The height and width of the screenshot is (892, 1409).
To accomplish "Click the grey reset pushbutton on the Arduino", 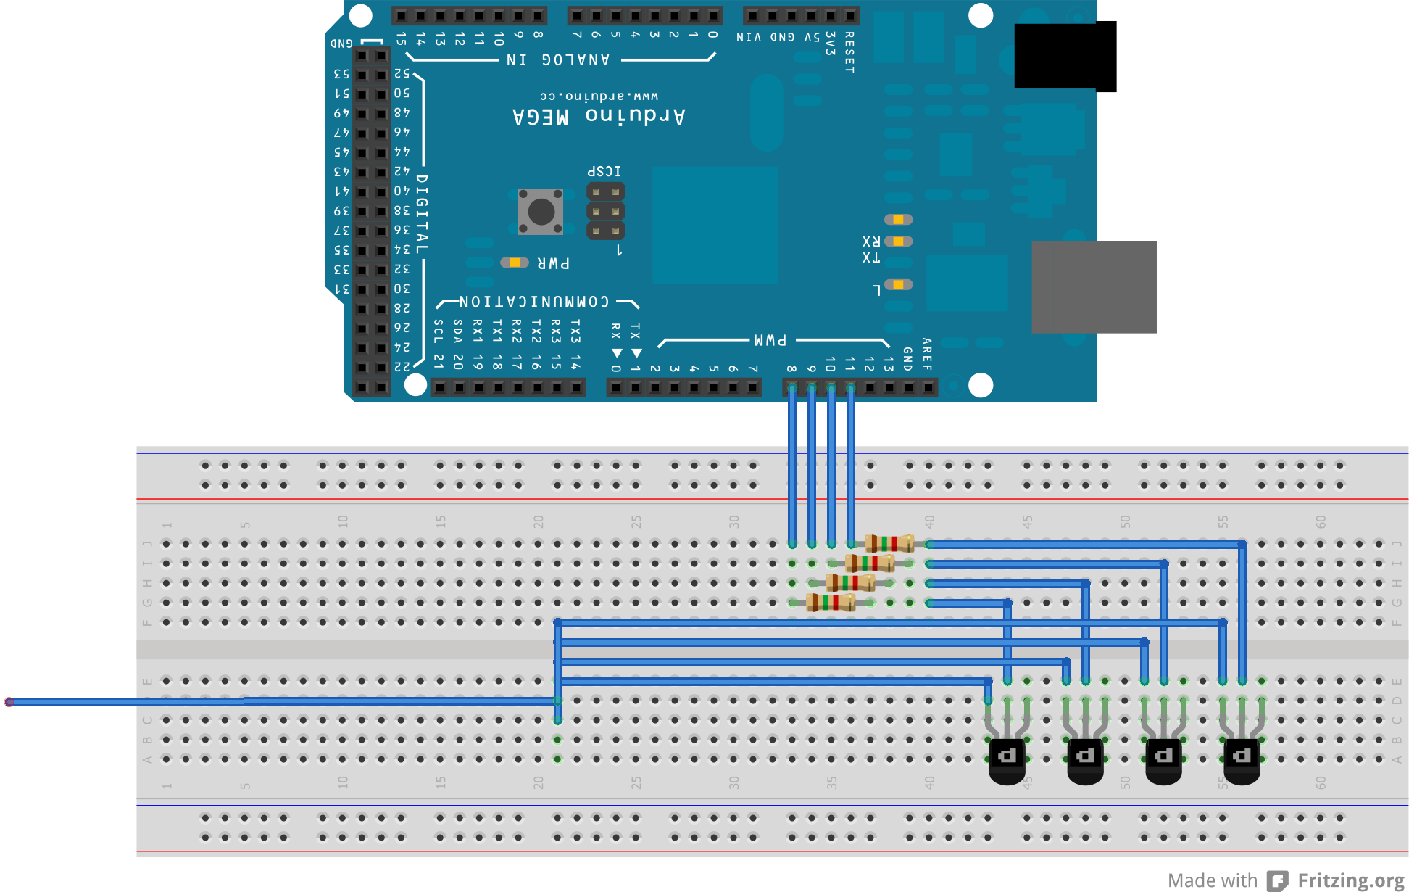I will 541,212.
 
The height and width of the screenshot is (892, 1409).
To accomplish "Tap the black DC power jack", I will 1065,56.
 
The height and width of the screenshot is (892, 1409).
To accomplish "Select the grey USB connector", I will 1094,287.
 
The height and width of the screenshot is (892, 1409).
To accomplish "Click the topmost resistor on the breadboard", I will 889,543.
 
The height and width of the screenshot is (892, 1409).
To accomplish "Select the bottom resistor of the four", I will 831,602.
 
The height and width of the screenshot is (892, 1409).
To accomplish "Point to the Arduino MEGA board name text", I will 599,116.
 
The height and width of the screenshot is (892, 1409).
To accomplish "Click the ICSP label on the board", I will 604,171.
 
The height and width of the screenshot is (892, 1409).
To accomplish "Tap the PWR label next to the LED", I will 553,263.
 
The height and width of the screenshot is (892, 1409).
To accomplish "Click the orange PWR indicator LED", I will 515,263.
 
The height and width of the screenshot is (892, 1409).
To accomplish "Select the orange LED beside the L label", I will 898,284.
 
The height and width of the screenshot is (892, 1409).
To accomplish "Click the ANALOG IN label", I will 558,59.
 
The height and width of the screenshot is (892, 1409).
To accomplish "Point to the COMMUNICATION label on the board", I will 534,302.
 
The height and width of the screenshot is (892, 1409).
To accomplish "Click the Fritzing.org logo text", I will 1350,880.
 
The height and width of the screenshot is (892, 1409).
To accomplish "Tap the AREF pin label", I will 927,354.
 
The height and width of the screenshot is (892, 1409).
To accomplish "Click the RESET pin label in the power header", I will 849,52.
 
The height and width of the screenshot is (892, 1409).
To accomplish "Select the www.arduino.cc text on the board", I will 599,96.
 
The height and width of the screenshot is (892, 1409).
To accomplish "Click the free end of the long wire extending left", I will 9,702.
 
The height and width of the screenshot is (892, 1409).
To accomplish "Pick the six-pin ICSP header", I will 605,212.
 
